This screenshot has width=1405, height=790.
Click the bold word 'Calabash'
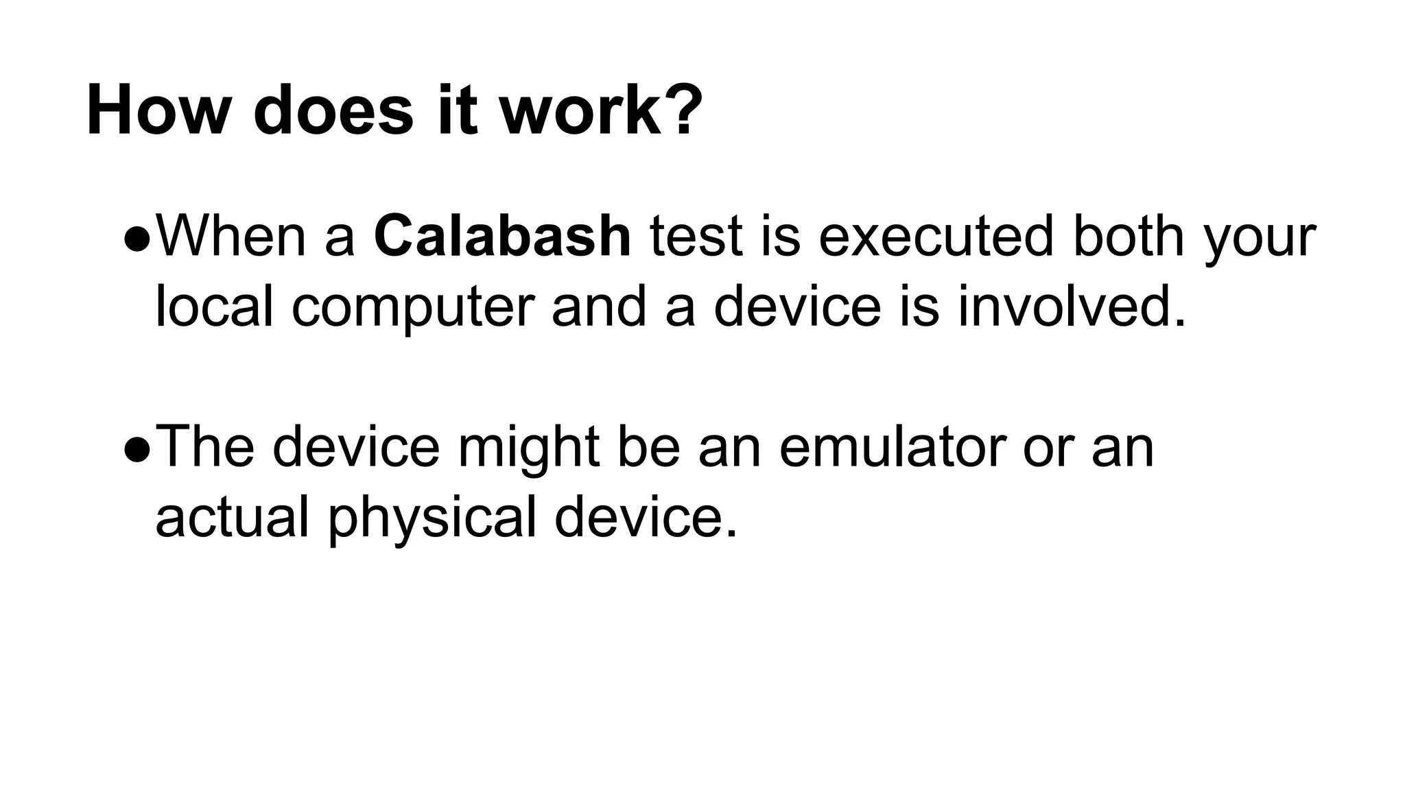click(502, 237)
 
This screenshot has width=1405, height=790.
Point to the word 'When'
click(231, 237)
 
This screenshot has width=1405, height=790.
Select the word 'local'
click(214, 307)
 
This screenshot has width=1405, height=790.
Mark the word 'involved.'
click(1072, 307)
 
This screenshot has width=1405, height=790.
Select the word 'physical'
click(432, 520)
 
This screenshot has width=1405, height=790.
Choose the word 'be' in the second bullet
click(648, 447)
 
